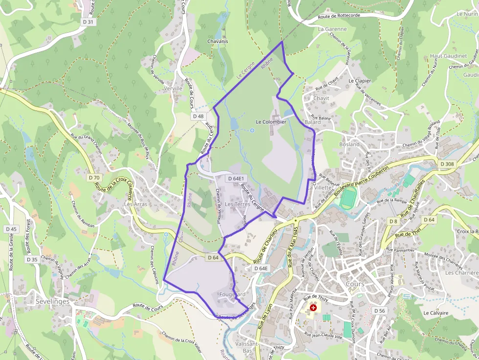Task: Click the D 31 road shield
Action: click(x=88, y=22)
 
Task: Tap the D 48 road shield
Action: click(x=198, y=116)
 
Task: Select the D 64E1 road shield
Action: click(x=236, y=179)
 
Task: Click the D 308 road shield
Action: click(x=447, y=165)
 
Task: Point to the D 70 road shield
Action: click(x=94, y=178)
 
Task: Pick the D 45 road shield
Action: click(x=11, y=229)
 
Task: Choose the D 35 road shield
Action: click(x=32, y=259)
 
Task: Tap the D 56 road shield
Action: click(x=380, y=311)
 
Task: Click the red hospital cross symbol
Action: click(x=313, y=308)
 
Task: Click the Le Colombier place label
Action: click(x=271, y=122)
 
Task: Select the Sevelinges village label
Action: click(x=52, y=302)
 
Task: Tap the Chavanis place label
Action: click(x=218, y=42)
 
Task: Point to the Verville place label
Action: click(x=173, y=89)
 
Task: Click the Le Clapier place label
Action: click(x=360, y=81)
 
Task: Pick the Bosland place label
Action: click(x=349, y=145)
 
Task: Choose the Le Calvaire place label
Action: click(x=435, y=313)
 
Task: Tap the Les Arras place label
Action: click(x=135, y=204)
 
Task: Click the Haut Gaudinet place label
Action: click(x=448, y=56)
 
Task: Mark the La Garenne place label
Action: click(x=332, y=29)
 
